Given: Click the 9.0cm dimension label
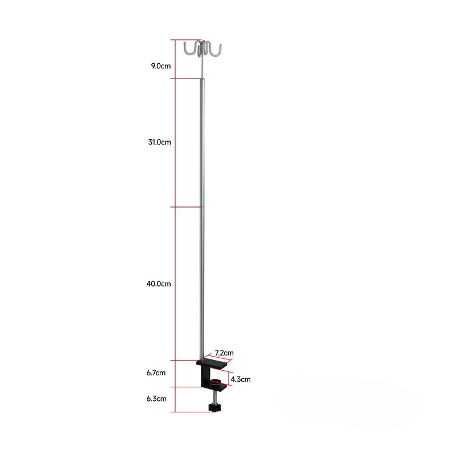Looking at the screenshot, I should (x=160, y=66).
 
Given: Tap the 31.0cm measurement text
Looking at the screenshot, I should (x=159, y=142).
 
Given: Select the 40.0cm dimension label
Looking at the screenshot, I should (x=159, y=283).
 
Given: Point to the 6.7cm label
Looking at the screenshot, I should (x=156, y=373).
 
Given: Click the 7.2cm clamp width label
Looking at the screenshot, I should (x=224, y=353).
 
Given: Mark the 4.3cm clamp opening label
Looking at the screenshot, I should (x=241, y=379).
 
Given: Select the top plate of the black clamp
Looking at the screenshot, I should (x=212, y=362).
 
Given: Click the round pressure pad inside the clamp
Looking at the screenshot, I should (x=214, y=382).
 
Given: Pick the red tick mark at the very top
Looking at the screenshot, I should (x=178, y=40).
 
